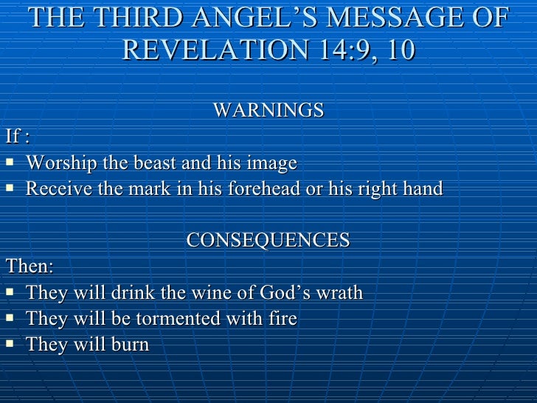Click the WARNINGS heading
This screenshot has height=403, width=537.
pyautogui.click(x=268, y=111)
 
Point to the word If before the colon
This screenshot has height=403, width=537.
pyautogui.click(x=13, y=137)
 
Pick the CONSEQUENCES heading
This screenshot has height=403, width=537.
pyautogui.click(x=268, y=241)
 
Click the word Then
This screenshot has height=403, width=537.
pyautogui.click(x=26, y=266)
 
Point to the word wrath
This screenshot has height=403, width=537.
pyautogui.click(x=340, y=292)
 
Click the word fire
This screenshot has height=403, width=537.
pyautogui.click(x=283, y=319)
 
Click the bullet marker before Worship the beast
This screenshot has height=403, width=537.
pyautogui.click(x=10, y=162)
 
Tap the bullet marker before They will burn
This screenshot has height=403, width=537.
pyautogui.click(x=10, y=345)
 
